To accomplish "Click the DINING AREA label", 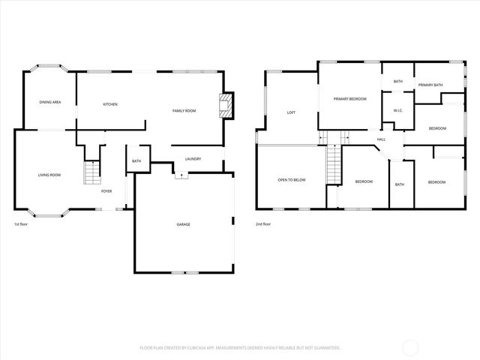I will pyautogui.click(x=50, y=101).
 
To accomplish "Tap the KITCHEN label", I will pyautogui.click(x=110, y=104).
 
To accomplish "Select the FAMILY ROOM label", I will pyautogui.click(x=184, y=111).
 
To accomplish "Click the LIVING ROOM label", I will pyautogui.click(x=49, y=175).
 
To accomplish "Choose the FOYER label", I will pyautogui.click(x=106, y=191).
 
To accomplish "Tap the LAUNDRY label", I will pyautogui.click(x=192, y=159).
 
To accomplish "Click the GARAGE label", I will pyautogui.click(x=183, y=224).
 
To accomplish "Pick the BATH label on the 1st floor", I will pyautogui.click(x=136, y=161).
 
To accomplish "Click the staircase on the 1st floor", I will pyautogui.click(x=91, y=172).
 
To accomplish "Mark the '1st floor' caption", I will pyautogui.click(x=21, y=224).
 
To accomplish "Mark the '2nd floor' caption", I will pyautogui.click(x=263, y=224).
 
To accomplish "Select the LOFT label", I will pyautogui.click(x=291, y=113).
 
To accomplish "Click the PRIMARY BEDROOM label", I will pyautogui.click(x=350, y=99).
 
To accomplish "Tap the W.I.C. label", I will pyautogui.click(x=398, y=111).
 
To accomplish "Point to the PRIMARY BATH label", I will pyautogui.click(x=431, y=85).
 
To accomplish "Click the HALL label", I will pyautogui.click(x=381, y=139).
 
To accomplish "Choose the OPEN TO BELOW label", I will pyautogui.click(x=291, y=180).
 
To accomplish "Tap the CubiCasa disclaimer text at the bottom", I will pyautogui.click(x=240, y=348).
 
